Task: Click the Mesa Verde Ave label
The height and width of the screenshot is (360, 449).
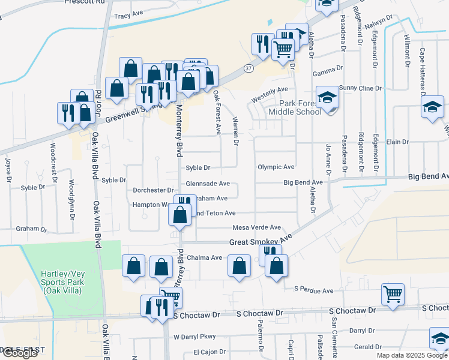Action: pyautogui.click(x=257, y=228)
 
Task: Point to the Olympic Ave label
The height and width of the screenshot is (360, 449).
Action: pyautogui.click(x=276, y=167)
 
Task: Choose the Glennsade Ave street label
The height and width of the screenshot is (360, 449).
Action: pyautogui.click(x=208, y=184)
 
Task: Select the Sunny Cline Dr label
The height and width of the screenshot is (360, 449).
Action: pyautogui.click(x=360, y=88)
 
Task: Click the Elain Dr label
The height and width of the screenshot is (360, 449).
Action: pyautogui.click(x=397, y=142)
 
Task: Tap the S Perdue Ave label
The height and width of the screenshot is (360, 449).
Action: pyautogui.click(x=313, y=291)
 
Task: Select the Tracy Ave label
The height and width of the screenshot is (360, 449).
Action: pyautogui.click(x=128, y=13)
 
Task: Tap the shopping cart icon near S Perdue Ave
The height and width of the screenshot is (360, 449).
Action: pyautogui.click(x=393, y=295)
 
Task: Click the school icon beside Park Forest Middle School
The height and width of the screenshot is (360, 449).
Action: pyautogui.click(x=327, y=98)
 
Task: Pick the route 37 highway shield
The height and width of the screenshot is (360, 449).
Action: pyautogui.click(x=249, y=68)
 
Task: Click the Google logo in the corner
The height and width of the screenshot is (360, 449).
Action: pyautogui.click(x=20, y=353)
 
